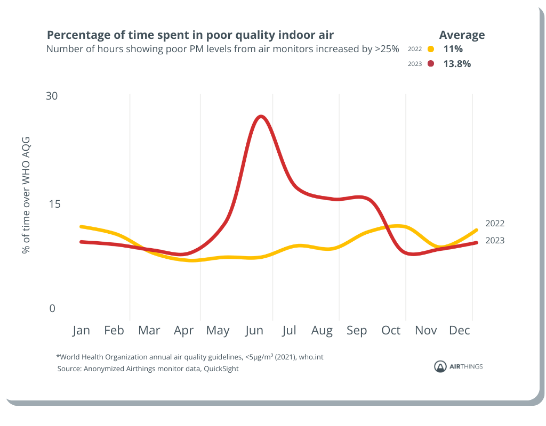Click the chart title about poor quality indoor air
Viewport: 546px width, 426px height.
coord(190,35)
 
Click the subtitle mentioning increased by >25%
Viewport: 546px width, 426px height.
coord(222,49)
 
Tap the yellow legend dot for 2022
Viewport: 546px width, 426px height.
coord(431,49)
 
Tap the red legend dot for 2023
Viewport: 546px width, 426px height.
coord(431,64)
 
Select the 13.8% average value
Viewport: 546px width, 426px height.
coord(457,64)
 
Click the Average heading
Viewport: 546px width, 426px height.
coord(462,35)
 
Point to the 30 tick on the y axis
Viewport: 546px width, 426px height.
coord(51,96)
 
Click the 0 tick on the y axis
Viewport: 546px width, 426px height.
coord(52,308)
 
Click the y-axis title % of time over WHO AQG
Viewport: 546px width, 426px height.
coord(26,195)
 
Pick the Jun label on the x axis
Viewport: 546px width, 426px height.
coord(254,331)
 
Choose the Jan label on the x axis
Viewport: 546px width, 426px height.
coord(81,331)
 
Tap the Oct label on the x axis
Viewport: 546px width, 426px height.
coord(391,331)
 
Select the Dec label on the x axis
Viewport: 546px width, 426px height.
coord(459,331)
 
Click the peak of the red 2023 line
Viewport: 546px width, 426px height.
coord(260,116)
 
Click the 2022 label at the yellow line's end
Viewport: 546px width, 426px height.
coord(494,224)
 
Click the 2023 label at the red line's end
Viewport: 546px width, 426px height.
coord(494,241)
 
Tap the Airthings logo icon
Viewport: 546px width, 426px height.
coord(440,366)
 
